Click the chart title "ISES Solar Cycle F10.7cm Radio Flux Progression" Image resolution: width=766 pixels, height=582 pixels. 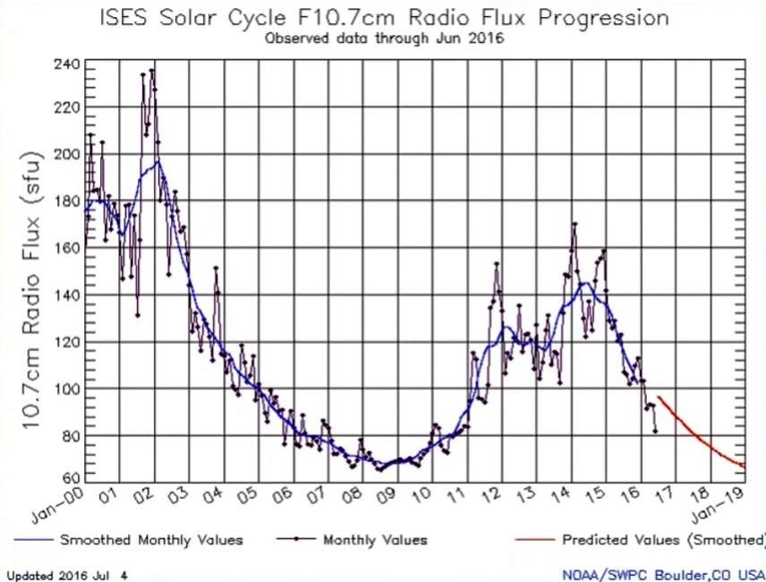point(385,17)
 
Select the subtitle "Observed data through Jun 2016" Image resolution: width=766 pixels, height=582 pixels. point(384,39)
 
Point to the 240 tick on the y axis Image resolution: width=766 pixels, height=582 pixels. point(69,65)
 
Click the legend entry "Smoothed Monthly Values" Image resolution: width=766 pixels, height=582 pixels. point(150,540)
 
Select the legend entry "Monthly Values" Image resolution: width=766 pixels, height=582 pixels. point(374,540)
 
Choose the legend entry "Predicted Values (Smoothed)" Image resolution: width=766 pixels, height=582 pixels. point(663,540)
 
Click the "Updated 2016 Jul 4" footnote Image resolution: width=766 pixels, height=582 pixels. point(67,575)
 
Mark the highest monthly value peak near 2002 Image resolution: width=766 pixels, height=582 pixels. point(152,70)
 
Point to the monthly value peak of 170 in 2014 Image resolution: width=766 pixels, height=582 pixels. point(574,224)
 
